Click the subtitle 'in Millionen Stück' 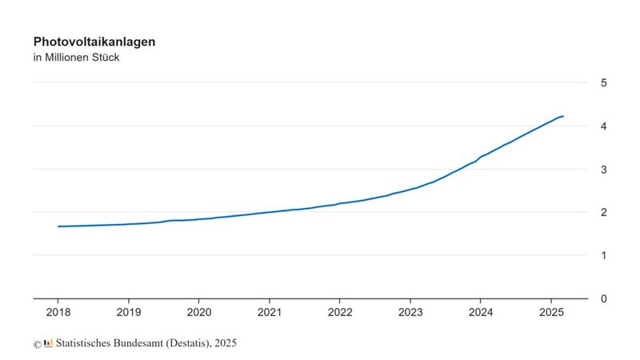click(76, 58)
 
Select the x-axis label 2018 click(58, 313)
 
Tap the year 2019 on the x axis click(129, 313)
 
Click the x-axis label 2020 click(199, 313)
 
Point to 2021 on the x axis click(270, 313)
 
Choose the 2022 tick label click(340, 313)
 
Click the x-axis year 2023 click(410, 313)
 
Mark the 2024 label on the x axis click(481, 313)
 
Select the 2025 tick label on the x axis click(551, 313)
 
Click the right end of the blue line click(563, 116)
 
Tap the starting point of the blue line click(58, 226)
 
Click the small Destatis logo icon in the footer click(49, 343)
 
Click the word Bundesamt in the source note click(144, 343)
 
